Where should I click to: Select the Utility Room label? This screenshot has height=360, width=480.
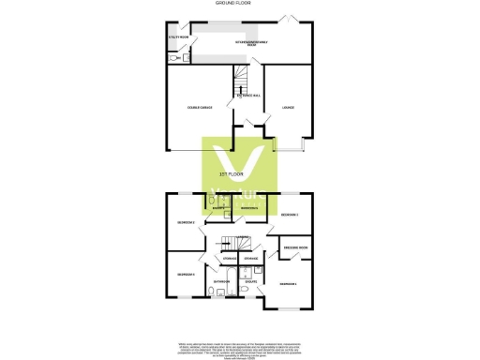(x=178, y=38)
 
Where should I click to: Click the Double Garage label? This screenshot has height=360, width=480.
(x=201, y=108)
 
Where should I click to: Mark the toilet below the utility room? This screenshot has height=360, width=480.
(x=172, y=57)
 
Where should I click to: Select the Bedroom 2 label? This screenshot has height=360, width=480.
(x=186, y=222)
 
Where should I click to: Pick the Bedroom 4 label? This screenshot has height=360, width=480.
(x=187, y=274)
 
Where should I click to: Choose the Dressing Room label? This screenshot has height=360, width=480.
(x=296, y=247)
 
